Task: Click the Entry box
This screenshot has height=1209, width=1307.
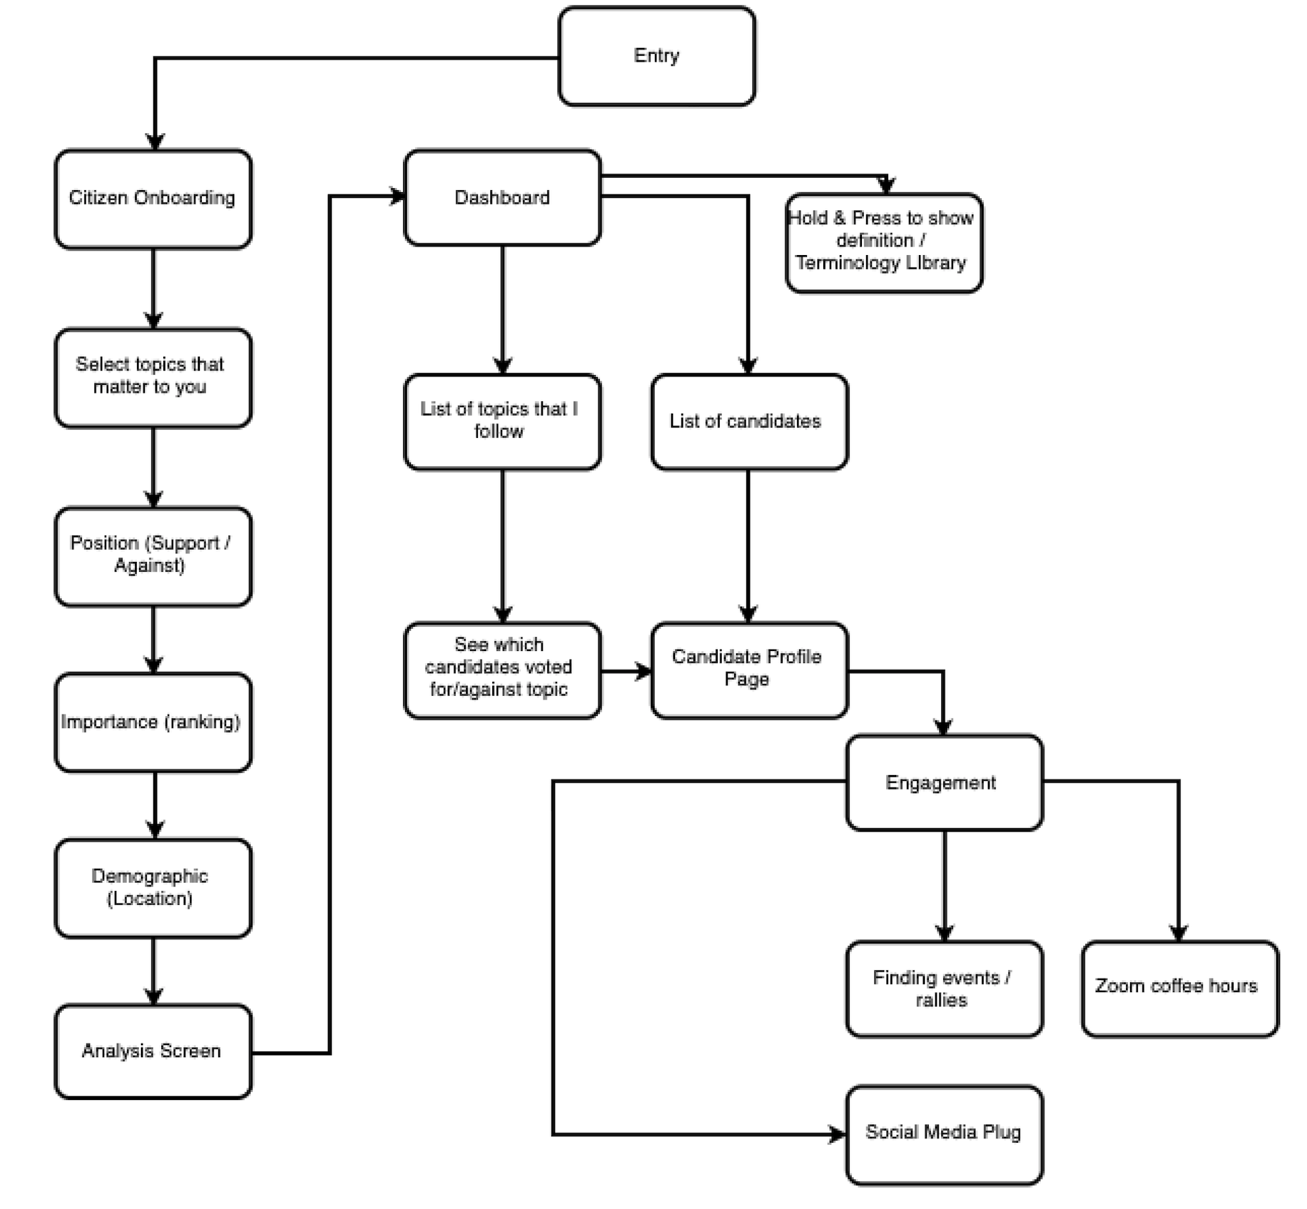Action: [x=656, y=56]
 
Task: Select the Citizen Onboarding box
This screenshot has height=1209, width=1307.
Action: [x=153, y=199]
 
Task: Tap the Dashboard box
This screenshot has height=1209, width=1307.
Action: [x=502, y=197]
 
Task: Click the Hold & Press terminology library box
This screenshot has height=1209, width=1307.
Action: [x=884, y=243]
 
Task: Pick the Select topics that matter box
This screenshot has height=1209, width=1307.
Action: [x=153, y=378]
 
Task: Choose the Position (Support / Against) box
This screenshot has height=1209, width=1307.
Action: [x=153, y=556]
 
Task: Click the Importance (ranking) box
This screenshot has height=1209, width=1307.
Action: [x=153, y=722]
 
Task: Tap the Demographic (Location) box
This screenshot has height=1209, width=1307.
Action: [x=153, y=888]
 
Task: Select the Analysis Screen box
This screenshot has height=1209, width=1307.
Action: [x=153, y=1051]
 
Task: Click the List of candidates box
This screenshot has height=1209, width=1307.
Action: [x=749, y=422]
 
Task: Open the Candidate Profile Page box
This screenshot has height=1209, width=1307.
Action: [x=749, y=670]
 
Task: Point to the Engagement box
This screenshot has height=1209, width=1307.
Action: [x=944, y=782]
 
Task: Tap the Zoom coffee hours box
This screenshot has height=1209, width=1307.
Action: [x=1180, y=989]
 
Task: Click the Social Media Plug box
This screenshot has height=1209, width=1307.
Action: [x=944, y=1135]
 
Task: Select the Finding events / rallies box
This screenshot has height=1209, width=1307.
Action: [x=944, y=989]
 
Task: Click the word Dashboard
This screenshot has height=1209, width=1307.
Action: [x=502, y=197]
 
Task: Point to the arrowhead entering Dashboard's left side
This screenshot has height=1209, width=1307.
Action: [x=397, y=195]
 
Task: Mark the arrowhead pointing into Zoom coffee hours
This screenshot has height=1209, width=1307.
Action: [x=1179, y=934]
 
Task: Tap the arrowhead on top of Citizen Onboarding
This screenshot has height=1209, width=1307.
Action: [x=155, y=142]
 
